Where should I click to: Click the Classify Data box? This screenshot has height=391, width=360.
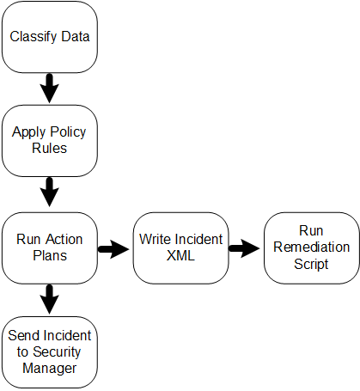pyautogui.click(x=50, y=37)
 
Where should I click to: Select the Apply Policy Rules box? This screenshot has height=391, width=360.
pyautogui.click(x=50, y=141)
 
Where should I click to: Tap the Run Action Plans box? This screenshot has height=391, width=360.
pyautogui.click(x=50, y=248)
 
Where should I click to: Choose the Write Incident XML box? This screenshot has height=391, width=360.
pyautogui.click(x=180, y=248)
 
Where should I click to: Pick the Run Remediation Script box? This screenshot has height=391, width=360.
pyautogui.click(x=312, y=248)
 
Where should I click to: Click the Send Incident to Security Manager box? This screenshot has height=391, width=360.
pyautogui.click(x=50, y=352)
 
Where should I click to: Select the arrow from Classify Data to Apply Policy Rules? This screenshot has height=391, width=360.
pyautogui.click(x=50, y=89)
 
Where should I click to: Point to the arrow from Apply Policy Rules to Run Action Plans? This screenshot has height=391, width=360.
pyautogui.click(x=50, y=192)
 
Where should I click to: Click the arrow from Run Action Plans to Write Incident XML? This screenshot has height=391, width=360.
pyautogui.click(x=113, y=249)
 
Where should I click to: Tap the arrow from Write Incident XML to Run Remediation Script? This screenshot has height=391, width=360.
pyautogui.click(x=244, y=248)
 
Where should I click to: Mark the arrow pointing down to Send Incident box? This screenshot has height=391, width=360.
pyautogui.click(x=50, y=299)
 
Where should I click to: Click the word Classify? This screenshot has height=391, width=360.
pyautogui.click(x=34, y=37)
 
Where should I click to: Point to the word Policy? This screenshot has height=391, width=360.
pyautogui.click(x=68, y=132)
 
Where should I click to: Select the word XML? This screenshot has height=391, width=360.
pyautogui.click(x=180, y=255)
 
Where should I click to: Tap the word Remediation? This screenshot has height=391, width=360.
pyautogui.click(x=312, y=247)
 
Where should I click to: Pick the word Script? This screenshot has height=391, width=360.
pyautogui.click(x=311, y=264)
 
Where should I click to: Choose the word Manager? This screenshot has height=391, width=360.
pyautogui.click(x=50, y=369)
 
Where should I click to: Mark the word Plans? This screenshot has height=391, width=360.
pyautogui.click(x=50, y=255)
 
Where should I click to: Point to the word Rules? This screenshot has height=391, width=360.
pyautogui.click(x=50, y=148)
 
